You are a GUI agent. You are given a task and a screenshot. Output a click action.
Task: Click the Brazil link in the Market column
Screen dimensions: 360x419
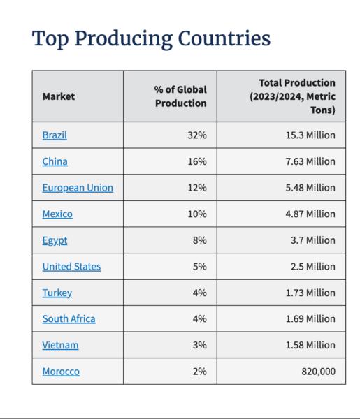coord(55,135)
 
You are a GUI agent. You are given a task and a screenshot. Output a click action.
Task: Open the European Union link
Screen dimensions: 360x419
coord(78,188)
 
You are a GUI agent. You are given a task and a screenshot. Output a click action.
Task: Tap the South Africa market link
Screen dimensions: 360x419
coord(69,319)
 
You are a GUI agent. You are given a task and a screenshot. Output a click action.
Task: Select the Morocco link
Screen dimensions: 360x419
coord(61,372)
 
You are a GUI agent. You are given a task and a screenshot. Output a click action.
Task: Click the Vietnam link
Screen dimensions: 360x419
coord(60,345)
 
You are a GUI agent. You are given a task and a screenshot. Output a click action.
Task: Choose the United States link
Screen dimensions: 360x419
coord(71,267)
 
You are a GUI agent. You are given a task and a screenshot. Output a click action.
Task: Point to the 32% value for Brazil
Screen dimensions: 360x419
coord(197,135)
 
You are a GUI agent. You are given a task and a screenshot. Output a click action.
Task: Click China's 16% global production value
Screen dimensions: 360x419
coord(197,161)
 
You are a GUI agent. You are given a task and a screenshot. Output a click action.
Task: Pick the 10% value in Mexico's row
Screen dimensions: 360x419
coord(197,214)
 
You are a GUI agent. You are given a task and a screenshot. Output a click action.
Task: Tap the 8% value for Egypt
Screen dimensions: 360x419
coord(199,240)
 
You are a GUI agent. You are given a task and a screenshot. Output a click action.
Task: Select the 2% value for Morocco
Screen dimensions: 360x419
coord(199,372)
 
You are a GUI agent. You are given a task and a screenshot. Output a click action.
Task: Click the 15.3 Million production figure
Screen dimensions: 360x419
coord(310,135)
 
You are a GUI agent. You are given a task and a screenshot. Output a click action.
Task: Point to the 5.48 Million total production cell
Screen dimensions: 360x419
coord(310,188)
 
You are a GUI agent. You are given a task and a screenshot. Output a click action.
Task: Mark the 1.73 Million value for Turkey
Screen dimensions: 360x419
coord(310,293)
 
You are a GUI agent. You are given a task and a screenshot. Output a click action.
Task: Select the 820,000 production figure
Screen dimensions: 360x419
coord(318,372)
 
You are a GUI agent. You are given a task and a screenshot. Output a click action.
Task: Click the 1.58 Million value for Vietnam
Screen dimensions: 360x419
coord(310,345)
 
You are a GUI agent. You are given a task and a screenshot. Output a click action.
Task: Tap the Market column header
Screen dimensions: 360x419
coord(59,96)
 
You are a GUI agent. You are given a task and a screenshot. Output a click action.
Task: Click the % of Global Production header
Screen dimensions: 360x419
coord(180,96)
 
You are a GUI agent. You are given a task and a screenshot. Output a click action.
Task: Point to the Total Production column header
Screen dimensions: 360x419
coord(292,96)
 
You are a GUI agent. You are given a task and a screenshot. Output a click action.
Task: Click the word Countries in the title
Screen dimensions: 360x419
coord(224,38)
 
